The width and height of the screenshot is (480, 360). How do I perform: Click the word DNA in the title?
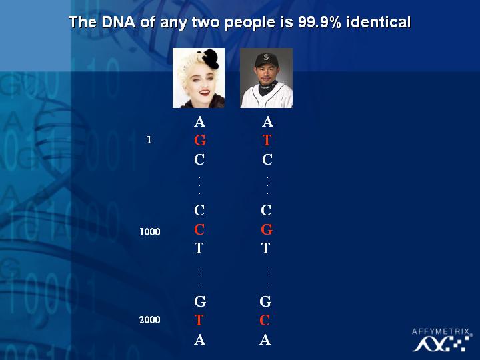coord(119,22)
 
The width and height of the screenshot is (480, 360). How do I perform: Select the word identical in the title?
coord(379,22)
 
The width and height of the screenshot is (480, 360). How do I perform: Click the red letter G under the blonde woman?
coord(200,140)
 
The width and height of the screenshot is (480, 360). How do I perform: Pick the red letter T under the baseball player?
coord(267,140)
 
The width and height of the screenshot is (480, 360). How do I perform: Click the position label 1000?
coord(150,232)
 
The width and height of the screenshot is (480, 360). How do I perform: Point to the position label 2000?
coord(150,320)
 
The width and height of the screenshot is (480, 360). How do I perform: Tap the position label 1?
coord(149,140)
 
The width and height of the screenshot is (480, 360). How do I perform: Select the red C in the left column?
coord(199,229)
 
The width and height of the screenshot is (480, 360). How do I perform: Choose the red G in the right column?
coord(267,229)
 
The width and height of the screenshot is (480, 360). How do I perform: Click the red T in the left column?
coord(199,320)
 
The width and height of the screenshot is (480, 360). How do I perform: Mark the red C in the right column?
coord(265,320)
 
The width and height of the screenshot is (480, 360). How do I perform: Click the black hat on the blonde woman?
coord(209,58)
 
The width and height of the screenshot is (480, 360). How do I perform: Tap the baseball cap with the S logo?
coord(266,60)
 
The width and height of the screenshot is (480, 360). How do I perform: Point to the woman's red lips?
coord(204,92)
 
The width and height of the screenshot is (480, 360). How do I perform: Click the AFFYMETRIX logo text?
coord(441,331)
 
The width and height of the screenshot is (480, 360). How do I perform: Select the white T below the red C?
coord(199,248)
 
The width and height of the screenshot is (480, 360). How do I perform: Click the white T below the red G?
coord(266,248)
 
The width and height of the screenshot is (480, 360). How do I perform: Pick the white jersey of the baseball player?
coord(266,97)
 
